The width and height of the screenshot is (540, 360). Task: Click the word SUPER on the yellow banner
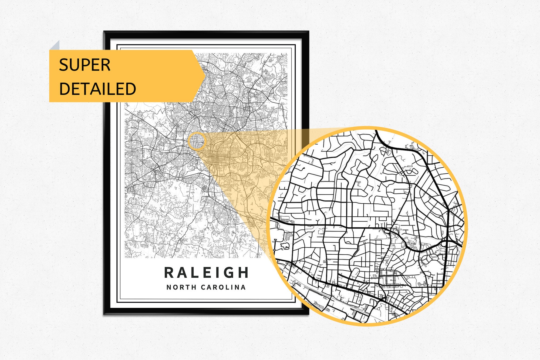(85, 65)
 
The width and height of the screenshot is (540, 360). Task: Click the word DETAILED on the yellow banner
(97, 89)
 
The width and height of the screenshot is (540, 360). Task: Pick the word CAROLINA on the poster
(224, 287)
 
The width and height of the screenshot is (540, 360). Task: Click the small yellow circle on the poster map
(197, 141)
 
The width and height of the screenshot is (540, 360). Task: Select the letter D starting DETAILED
(64, 89)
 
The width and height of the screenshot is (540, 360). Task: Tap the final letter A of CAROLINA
(243, 287)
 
